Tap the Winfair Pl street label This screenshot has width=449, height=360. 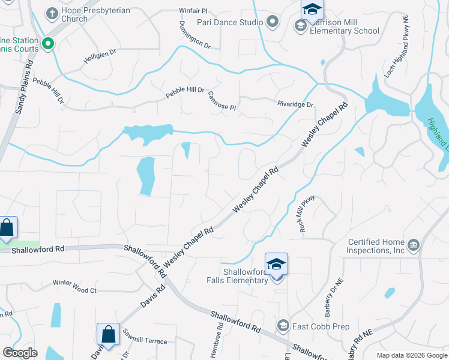point(193,11)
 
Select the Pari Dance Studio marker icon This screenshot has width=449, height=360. point(273,23)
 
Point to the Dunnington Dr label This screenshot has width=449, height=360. point(194,35)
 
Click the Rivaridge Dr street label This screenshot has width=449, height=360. point(295,104)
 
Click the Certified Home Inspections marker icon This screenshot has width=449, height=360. point(413,245)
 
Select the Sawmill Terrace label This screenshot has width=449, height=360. point(145,341)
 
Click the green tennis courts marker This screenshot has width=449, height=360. point(48,43)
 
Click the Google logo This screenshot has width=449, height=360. point(20,353)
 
